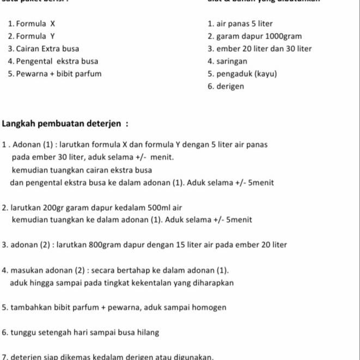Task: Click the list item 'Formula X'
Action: tap(35, 24)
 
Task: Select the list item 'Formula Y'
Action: tap(35, 36)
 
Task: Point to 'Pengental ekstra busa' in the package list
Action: tap(57, 61)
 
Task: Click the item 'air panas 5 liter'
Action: tap(245, 24)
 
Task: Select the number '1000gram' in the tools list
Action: tap(280, 36)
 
